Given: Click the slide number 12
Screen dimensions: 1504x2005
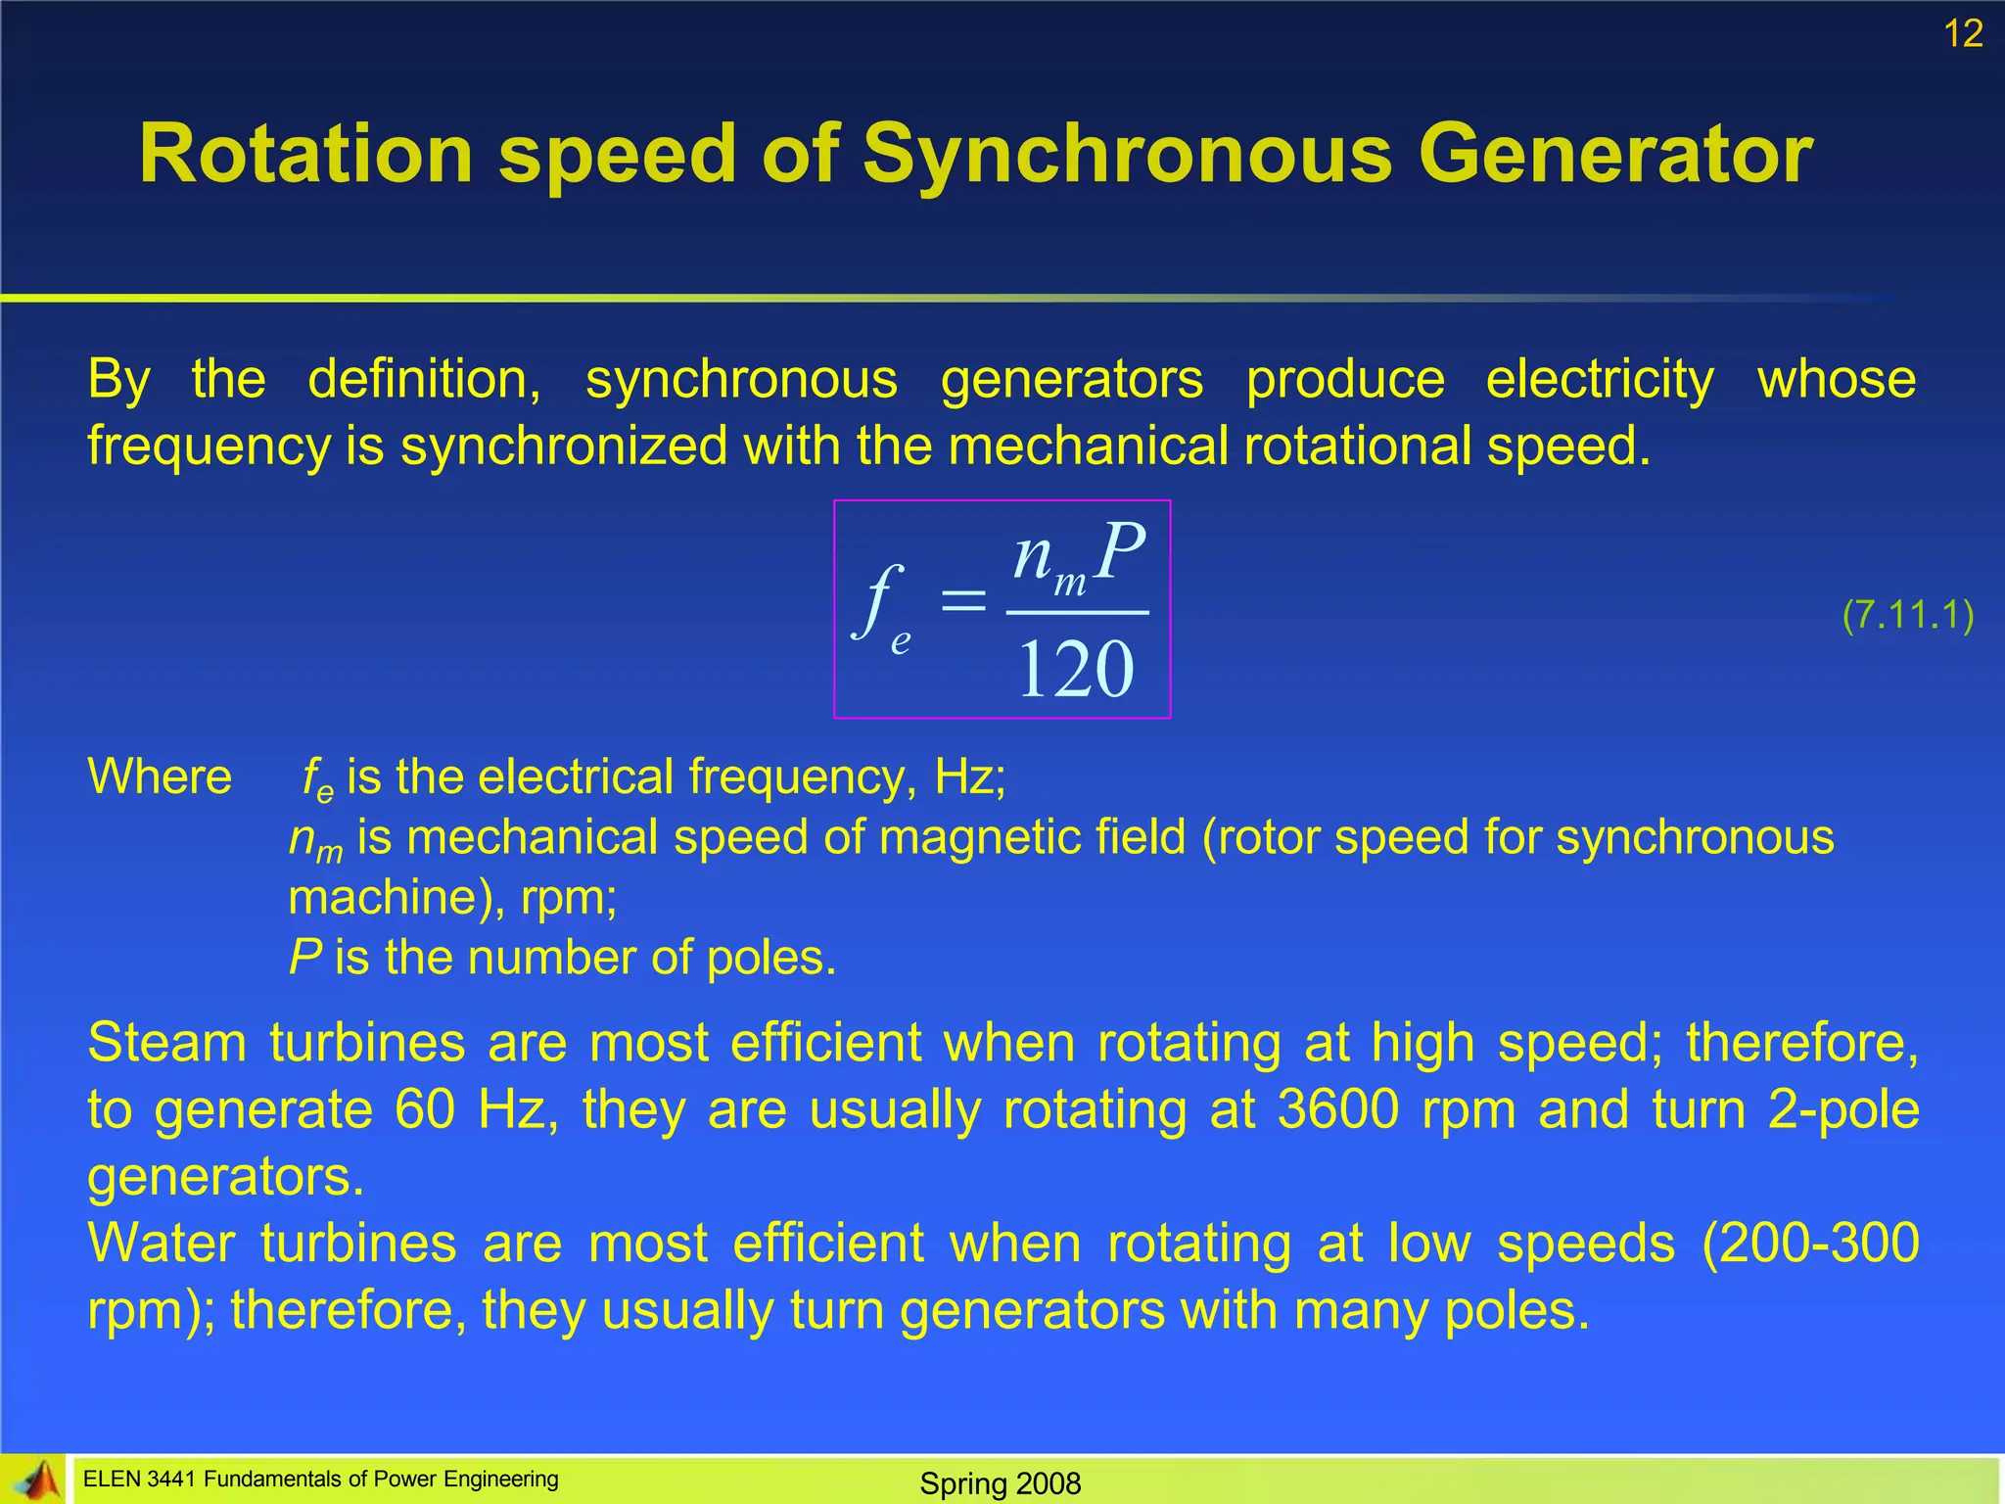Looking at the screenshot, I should click(1963, 34).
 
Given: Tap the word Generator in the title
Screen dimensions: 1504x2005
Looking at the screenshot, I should click(1615, 154).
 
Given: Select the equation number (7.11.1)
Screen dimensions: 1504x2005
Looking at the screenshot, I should click(1907, 615).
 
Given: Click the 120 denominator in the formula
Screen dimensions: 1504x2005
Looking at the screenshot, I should click(1076, 670).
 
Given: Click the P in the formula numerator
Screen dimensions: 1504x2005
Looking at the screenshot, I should click(1120, 552).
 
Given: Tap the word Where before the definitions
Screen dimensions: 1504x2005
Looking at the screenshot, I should click(160, 776).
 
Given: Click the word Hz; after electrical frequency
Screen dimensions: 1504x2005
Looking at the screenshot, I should click(970, 776).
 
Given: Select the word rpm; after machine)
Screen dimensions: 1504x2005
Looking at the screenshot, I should click(569, 897).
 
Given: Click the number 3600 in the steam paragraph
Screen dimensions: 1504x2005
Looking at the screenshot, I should click(1338, 1109).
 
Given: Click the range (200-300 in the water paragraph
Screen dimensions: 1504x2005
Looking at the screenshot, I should click(1810, 1244).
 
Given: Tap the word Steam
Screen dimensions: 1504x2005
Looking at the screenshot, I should click(166, 1042).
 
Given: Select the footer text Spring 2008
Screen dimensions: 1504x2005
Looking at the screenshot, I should click(1001, 1483).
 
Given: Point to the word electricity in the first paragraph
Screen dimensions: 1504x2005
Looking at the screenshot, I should click(1600, 379).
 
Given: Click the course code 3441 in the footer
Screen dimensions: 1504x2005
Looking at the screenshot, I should click(170, 1480).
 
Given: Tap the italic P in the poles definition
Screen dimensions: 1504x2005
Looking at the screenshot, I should click(304, 957).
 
